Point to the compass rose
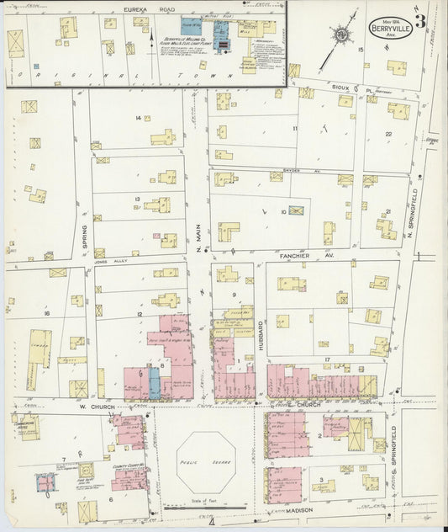coord(341,35)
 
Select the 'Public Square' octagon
coord(206,462)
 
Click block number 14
coord(139,118)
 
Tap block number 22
coord(388,134)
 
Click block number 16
coord(48,313)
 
